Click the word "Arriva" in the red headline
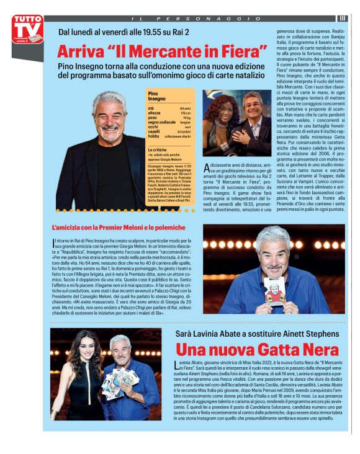[86, 51]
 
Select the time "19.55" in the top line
[141, 32]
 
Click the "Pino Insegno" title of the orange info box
[157, 96]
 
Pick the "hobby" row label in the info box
[153, 136]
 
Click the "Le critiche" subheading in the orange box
[158, 150]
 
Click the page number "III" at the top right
[342, 18]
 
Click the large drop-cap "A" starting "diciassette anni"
[207, 166]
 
